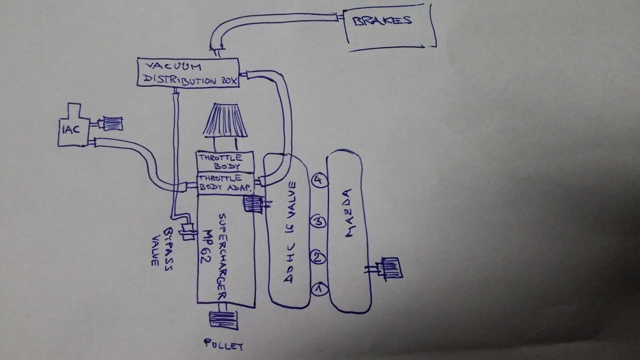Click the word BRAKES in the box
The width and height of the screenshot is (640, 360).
coord(383,21)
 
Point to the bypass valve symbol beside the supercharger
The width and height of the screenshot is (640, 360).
coord(189,232)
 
